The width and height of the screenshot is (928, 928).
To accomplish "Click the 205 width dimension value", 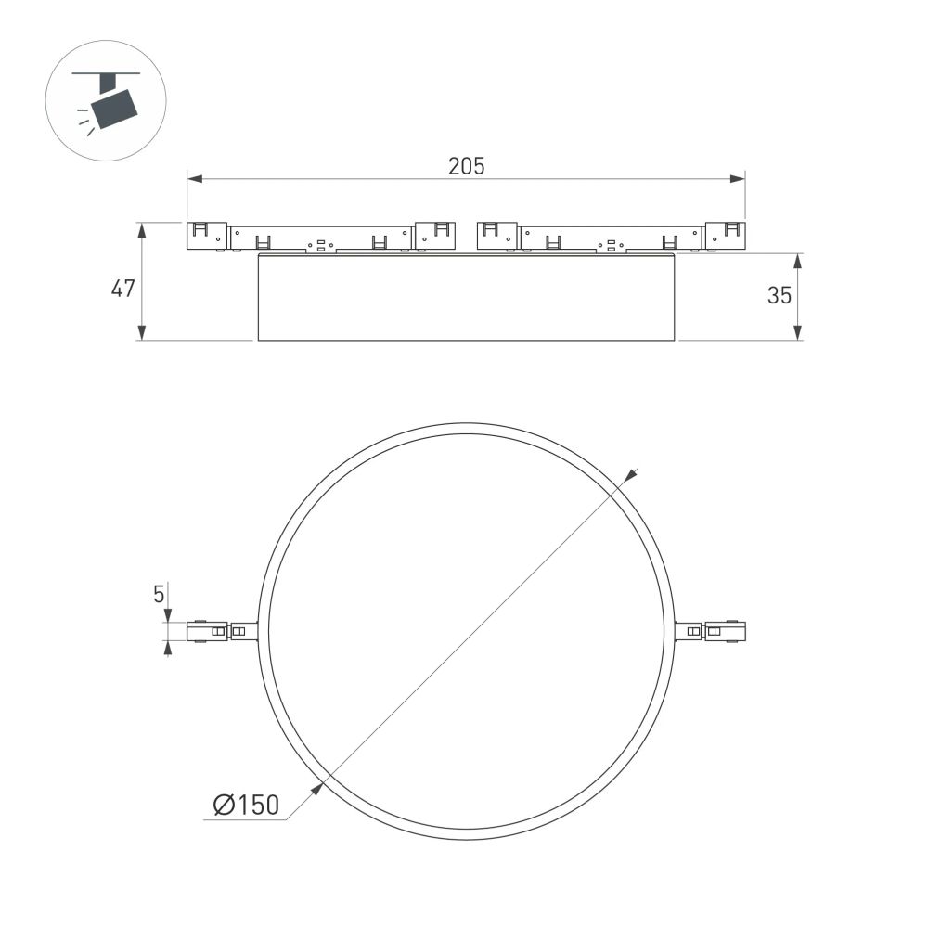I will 466,166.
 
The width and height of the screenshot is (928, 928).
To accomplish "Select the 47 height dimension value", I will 123,289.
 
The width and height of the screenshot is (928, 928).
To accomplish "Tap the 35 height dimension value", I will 780,295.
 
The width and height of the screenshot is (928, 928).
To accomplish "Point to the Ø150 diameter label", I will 246,806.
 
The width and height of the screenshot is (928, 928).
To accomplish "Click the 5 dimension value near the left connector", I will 159,593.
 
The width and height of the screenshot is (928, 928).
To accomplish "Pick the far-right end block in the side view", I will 724,236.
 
